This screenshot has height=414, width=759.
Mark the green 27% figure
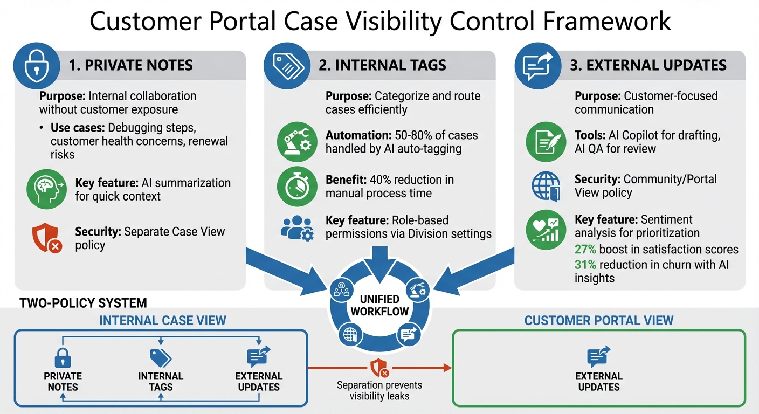585,250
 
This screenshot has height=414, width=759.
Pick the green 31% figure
585,264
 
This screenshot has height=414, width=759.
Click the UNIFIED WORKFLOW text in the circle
379,305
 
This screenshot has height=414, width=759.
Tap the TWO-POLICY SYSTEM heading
83,303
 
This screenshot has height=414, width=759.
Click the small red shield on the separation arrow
379,368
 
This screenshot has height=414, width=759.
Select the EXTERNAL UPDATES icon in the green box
598,357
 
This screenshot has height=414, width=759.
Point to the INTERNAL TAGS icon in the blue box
161,357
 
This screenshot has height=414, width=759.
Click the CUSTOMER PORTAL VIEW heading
598,321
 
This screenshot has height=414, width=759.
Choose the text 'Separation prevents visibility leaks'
379,391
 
